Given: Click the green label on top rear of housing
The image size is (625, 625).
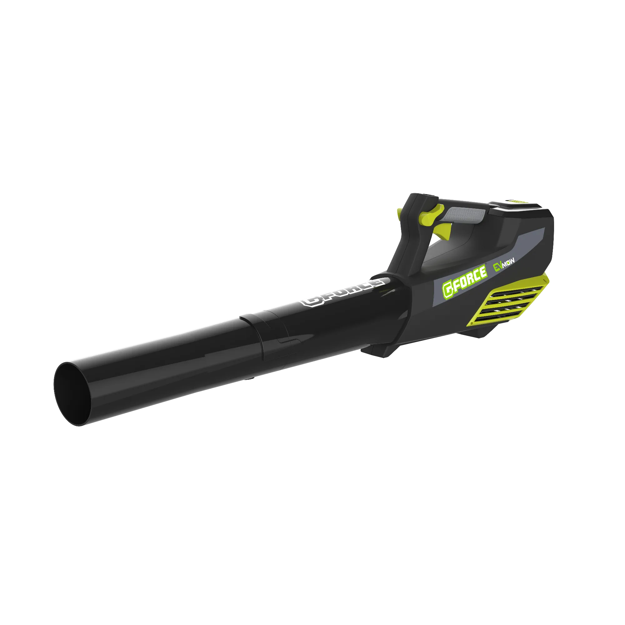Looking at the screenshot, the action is pyautogui.click(x=517, y=202).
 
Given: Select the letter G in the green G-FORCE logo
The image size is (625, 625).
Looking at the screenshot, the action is pyautogui.click(x=448, y=289).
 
